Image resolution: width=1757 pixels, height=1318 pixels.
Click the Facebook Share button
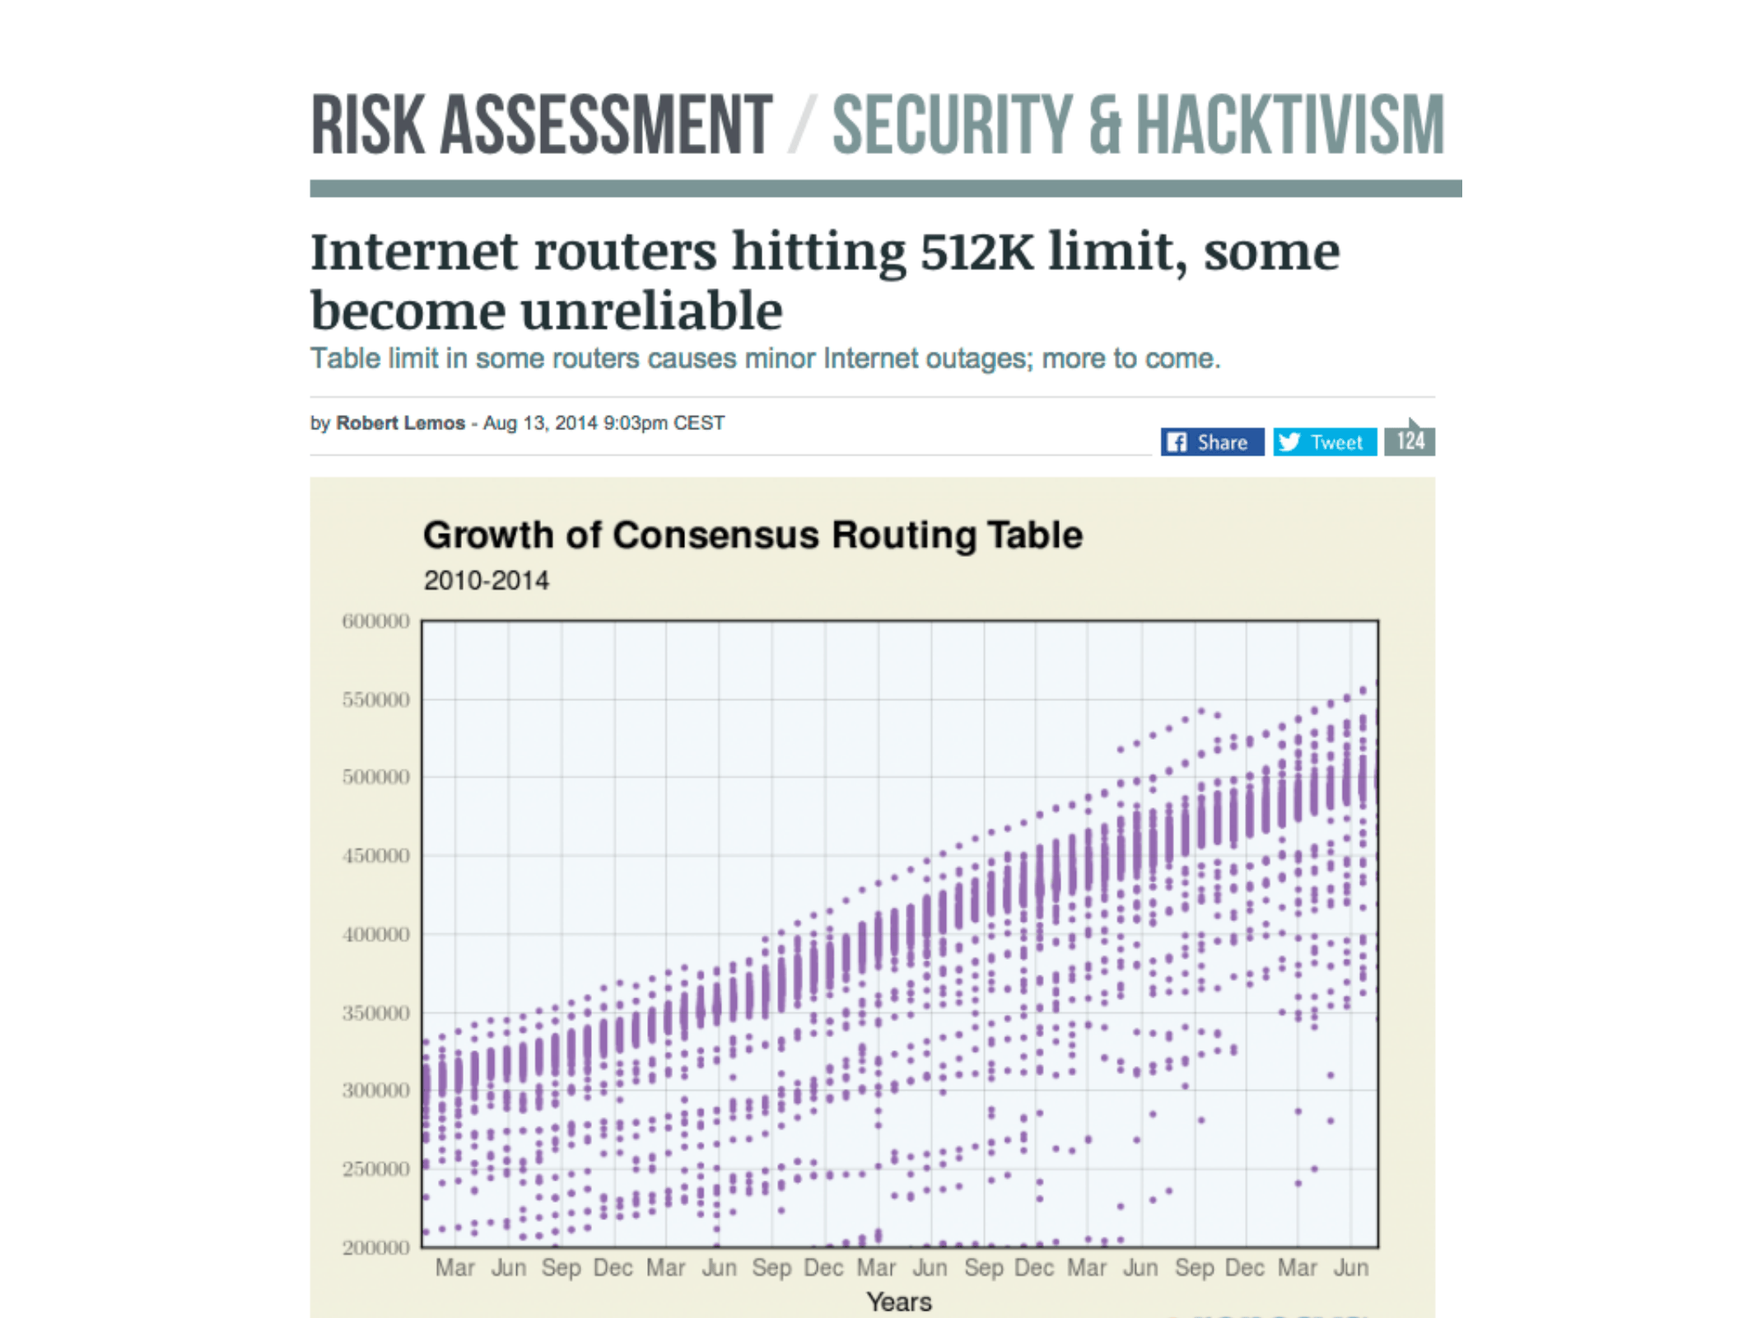point(1211,442)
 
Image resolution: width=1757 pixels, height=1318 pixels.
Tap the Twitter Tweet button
point(1324,442)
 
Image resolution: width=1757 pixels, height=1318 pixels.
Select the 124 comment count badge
point(1410,441)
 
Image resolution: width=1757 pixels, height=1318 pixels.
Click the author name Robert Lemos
point(400,423)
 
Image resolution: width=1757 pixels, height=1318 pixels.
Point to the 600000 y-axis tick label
point(375,621)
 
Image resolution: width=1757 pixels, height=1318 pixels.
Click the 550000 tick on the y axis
point(375,699)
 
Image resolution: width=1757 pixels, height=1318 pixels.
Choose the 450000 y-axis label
point(375,856)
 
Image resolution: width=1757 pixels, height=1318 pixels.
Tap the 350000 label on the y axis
point(375,1012)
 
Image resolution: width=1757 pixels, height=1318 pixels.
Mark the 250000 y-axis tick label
point(375,1169)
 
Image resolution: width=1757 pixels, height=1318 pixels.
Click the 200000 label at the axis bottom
point(375,1247)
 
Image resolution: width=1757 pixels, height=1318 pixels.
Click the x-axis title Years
point(899,1302)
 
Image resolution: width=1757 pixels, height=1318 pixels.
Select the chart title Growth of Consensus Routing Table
point(753,535)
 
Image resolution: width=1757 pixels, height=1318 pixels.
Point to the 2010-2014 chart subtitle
point(486,581)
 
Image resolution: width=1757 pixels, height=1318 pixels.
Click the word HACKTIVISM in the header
point(1290,125)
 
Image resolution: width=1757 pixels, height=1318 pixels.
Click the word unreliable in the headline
point(651,311)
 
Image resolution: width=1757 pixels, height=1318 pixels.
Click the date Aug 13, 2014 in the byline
point(539,423)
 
